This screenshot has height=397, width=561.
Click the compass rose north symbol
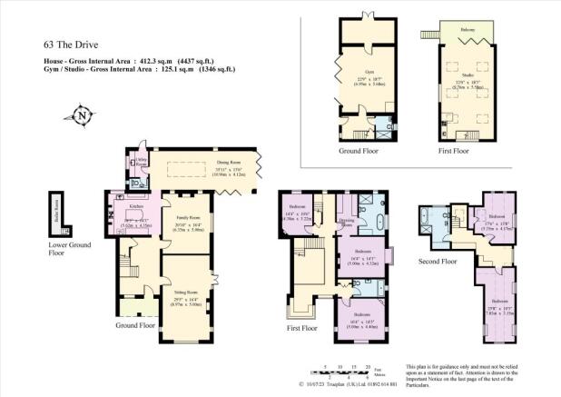pyautogui.click(x=83, y=115)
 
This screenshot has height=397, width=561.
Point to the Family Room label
pyautogui.click(x=187, y=219)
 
